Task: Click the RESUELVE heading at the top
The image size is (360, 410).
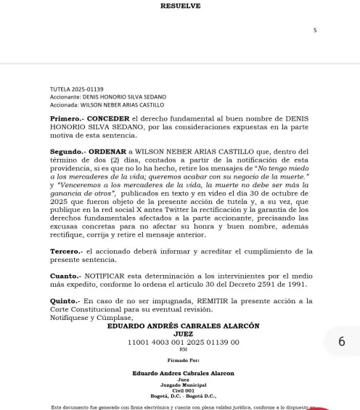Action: click(x=180, y=7)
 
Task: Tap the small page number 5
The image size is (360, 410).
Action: click(x=315, y=30)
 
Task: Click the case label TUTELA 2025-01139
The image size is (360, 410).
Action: click(x=77, y=89)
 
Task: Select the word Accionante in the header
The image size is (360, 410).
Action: click(x=65, y=97)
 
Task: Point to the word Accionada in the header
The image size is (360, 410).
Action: click(x=65, y=104)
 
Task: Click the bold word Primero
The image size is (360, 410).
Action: click(x=67, y=118)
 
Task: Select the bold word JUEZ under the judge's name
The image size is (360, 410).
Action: click(x=183, y=334)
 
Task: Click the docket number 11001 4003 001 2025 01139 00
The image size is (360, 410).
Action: click(x=183, y=342)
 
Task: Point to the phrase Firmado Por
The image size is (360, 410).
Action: click(x=182, y=360)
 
